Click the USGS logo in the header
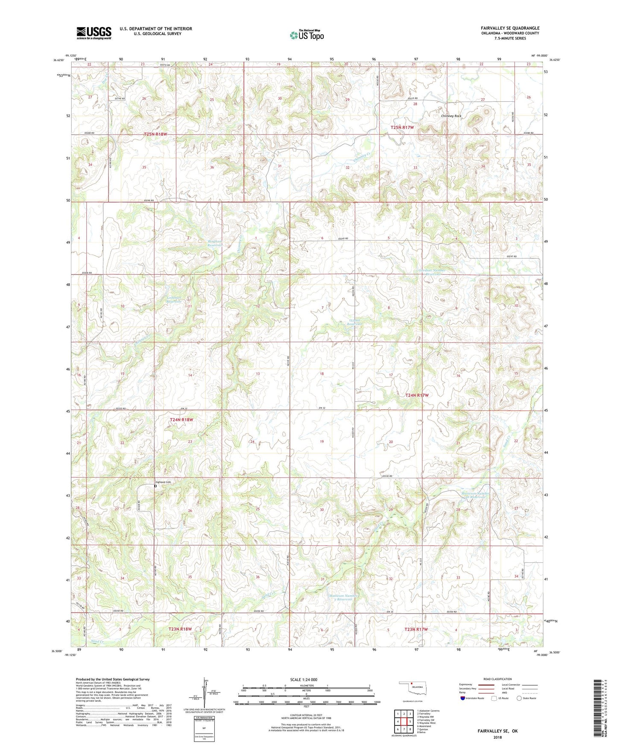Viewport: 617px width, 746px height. coord(94,33)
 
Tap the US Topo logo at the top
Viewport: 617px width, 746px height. coord(307,35)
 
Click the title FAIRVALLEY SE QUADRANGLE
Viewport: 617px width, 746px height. coord(509,28)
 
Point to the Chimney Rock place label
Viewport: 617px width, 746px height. coord(451,116)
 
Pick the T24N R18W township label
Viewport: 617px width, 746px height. coord(181,420)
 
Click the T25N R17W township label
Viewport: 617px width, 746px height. coord(402,127)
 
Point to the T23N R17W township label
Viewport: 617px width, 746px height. coord(416,629)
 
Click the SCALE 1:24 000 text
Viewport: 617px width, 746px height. coord(304,679)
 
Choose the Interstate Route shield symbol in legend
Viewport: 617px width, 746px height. coord(464,698)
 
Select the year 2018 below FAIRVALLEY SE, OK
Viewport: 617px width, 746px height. coord(497,737)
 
